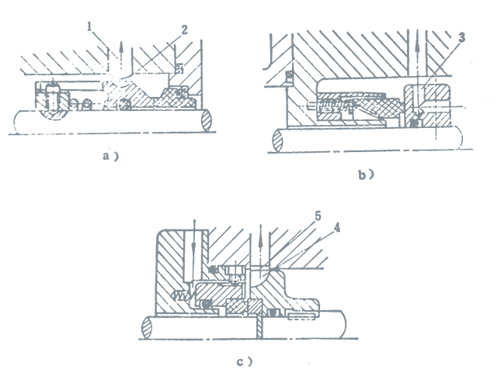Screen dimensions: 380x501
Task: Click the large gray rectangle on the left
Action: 148,147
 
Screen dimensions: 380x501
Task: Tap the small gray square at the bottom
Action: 323,326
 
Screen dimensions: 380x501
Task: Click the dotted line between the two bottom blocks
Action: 292,340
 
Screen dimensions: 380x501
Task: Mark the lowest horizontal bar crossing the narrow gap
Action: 291,152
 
